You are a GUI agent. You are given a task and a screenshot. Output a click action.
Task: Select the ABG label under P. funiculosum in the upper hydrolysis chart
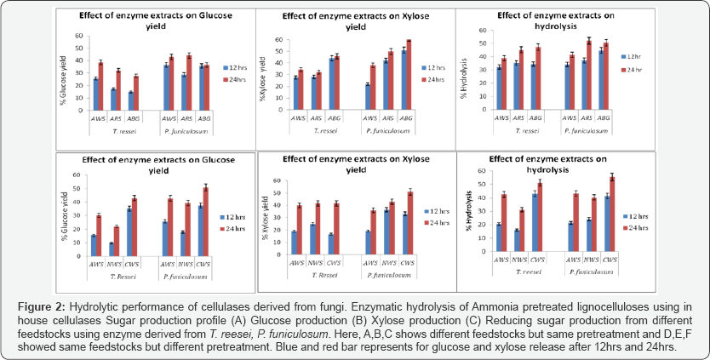coord(603,117)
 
